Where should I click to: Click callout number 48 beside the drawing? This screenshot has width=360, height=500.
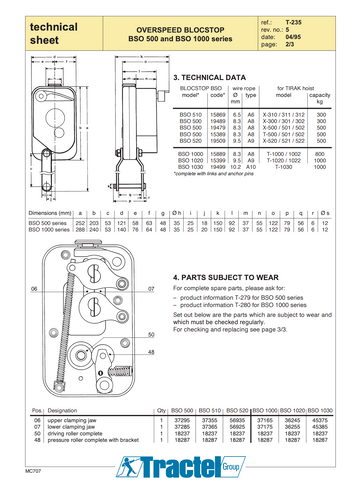click(x=151, y=352)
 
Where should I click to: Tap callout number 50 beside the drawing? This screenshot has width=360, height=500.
click(x=151, y=333)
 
